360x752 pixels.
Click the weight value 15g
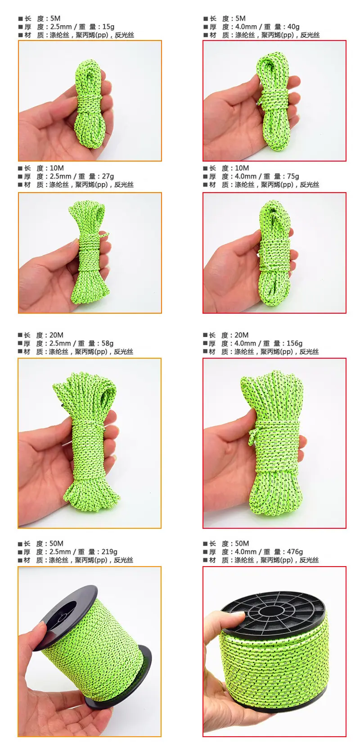click(x=108, y=27)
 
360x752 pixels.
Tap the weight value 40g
click(x=293, y=27)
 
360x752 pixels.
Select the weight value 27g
click(x=108, y=176)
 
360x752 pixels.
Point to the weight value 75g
click(x=293, y=176)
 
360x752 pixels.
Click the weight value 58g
click(x=108, y=343)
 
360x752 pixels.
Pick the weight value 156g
click(x=294, y=343)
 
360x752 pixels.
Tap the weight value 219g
click(x=109, y=552)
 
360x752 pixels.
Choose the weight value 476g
click(x=294, y=552)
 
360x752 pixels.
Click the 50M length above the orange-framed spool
click(x=56, y=544)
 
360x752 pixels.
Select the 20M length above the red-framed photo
click(x=242, y=335)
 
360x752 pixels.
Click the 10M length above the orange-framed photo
click(x=57, y=168)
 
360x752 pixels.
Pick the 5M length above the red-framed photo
click(x=240, y=18)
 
